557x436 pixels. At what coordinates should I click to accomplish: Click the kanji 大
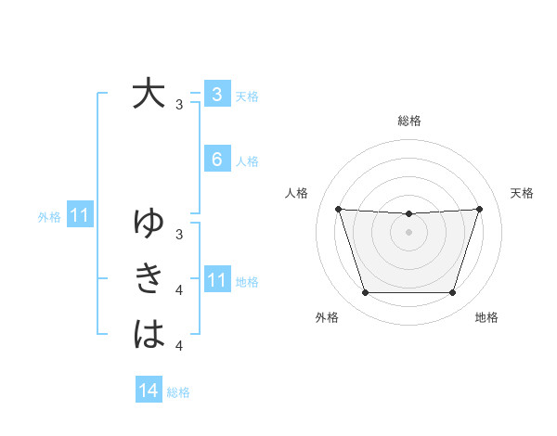(x=149, y=94)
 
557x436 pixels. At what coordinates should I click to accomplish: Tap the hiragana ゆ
(x=149, y=223)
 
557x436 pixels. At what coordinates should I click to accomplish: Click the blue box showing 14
(x=149, y=391)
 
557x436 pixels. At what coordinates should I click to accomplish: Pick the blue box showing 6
(x=216, y=160)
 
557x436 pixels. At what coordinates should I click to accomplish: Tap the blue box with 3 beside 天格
(x=216, y=95)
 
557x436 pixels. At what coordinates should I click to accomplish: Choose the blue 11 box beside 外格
(x=79, y=217)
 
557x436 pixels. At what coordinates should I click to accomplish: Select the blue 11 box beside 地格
(x=216, y=280)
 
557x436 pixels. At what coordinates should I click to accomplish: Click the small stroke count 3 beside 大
(x=178, y=105)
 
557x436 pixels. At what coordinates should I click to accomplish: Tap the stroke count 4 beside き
(x=178, y=290)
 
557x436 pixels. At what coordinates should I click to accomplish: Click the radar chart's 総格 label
(x=408, y=121)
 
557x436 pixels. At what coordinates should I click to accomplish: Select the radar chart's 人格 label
(x=296, y=193)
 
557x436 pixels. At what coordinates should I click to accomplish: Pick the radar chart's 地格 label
(x=486, y=318)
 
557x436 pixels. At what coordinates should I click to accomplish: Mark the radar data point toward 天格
(x=479, y=209)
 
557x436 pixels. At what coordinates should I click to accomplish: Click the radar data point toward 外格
(x=365, y=293)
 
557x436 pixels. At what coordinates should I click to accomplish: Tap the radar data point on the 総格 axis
(x=408, y=214)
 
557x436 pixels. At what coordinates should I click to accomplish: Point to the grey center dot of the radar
(x=408, y=231)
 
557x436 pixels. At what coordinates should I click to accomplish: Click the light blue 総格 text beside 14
(x=178, y=392)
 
